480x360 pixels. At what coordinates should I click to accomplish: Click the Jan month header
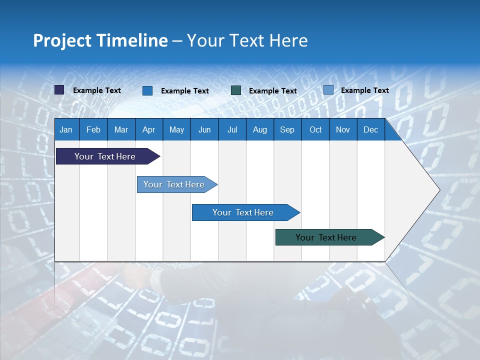pos(66,129)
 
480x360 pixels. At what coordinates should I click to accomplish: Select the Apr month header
pos(148,129)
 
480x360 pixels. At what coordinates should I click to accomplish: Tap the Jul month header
pos(232,129)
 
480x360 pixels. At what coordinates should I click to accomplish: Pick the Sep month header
pos(287,129)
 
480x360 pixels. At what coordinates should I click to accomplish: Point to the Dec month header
pos(370,129)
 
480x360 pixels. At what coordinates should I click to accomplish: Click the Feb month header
pos(93,129)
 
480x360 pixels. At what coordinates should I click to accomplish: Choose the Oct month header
pos(315,129)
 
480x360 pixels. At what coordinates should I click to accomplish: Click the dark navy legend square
pos(59,90)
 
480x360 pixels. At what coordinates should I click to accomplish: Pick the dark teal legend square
pos(236,90)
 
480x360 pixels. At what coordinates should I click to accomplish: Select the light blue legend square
pos(328,90)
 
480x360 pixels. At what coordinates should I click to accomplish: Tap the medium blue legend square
pos(147,90)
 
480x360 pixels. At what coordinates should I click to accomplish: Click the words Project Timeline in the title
pos(100,40)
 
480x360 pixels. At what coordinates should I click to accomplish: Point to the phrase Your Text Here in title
pos(247,40)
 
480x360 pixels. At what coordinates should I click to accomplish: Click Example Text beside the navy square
pos(97,90)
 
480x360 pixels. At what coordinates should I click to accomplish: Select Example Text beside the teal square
pos(273,91)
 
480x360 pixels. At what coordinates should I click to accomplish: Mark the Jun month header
pos(204,129)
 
